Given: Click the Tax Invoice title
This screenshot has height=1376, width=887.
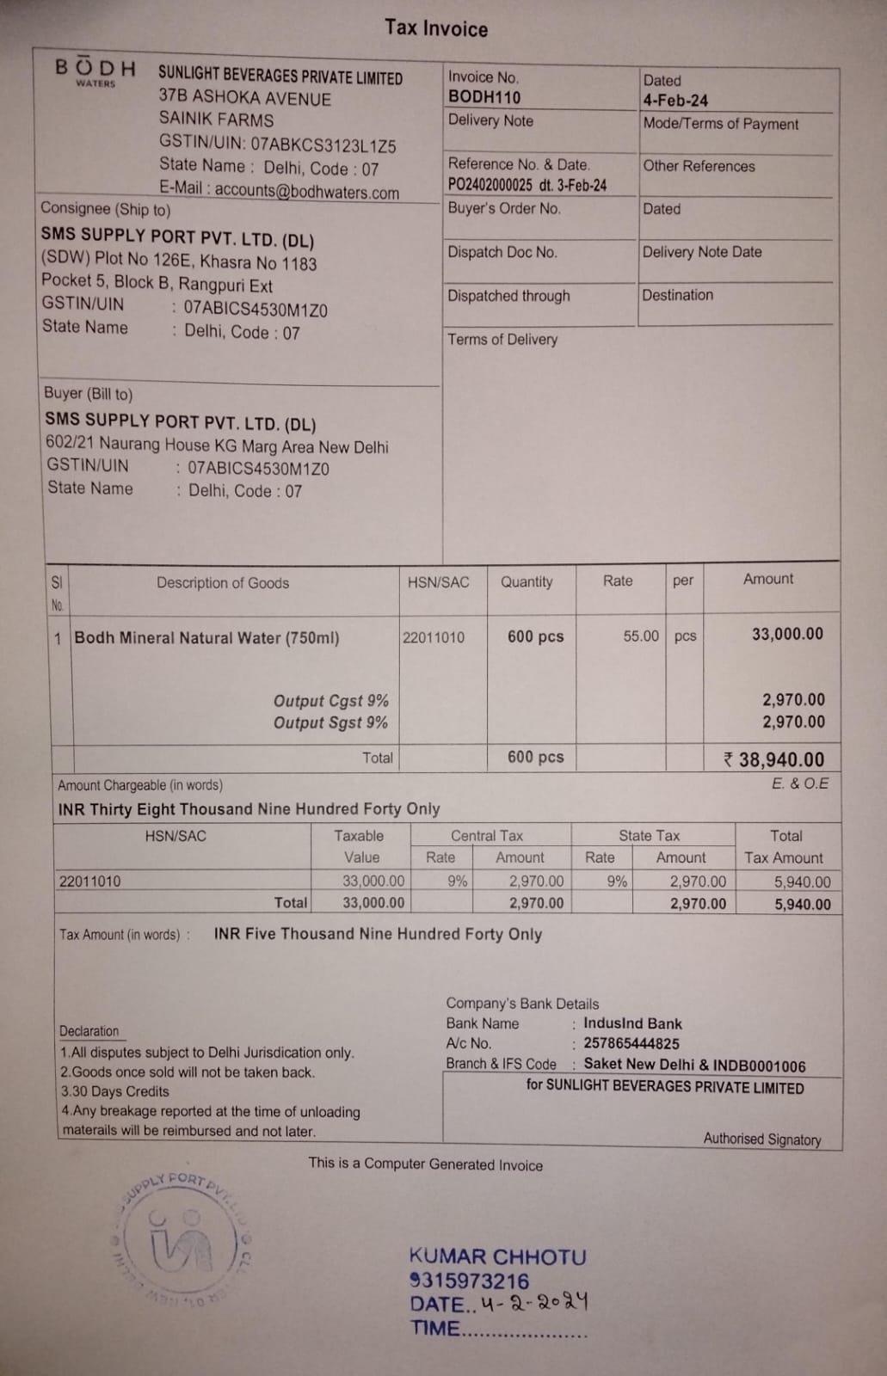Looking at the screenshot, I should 436,28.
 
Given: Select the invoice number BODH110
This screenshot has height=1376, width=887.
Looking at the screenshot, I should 484,98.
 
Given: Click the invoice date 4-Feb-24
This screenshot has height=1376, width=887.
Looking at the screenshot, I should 675,101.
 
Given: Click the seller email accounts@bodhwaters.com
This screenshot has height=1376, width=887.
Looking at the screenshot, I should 306,192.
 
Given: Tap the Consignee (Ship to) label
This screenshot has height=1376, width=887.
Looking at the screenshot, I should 105,209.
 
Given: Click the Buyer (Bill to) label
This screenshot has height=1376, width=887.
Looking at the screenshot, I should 88,394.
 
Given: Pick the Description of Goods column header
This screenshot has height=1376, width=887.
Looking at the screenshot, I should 222,583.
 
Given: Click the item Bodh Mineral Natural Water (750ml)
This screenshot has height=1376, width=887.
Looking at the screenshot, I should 206,638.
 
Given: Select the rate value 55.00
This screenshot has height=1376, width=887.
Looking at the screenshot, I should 641,636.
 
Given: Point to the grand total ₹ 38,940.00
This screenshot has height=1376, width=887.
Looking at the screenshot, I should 774,759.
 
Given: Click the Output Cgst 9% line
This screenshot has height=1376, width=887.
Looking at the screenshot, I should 330,701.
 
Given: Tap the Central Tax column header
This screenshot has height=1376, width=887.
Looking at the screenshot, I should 487,836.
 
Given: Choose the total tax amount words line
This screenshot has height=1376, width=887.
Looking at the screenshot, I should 378,934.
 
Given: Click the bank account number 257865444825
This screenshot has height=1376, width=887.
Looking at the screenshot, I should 631,1044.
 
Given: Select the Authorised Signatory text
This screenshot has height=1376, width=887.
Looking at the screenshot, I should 761,1139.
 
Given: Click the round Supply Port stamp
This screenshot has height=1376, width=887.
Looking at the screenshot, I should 181,1239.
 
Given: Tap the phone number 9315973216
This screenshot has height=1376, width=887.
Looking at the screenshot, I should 470,1281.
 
